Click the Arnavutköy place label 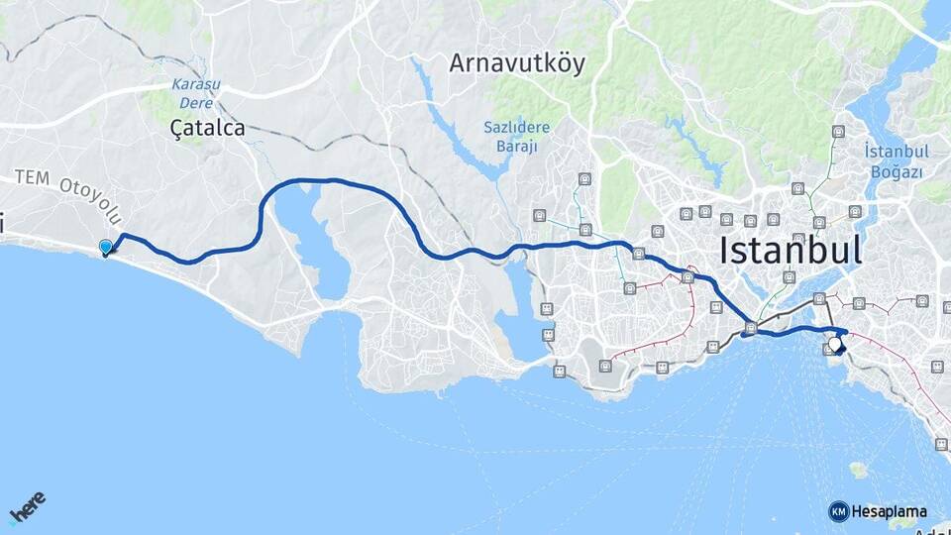(517, 64)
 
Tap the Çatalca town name (207, 128)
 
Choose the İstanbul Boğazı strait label (894, 161)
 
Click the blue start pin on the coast (106, 248)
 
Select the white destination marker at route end (836, 345)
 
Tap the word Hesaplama (889, 511)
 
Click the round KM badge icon (838, 511)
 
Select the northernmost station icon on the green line (838, 132)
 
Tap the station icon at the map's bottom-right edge (940, 445)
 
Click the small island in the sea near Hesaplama (859, 469)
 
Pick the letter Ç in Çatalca (178, 128)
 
